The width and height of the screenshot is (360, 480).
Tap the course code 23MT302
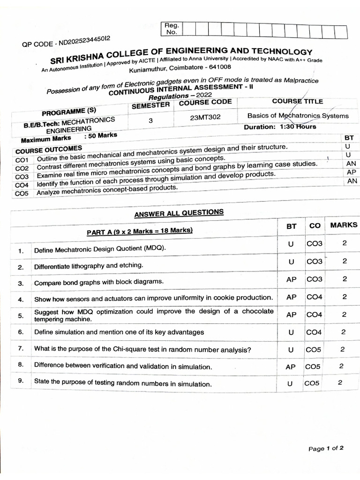point(205,118)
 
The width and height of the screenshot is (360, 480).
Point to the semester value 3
point(150,120)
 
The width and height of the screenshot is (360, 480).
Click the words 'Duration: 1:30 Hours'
point(280,127)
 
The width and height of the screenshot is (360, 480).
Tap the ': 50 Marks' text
point(100,136)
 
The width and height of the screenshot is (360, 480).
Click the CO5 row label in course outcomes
point(22,193)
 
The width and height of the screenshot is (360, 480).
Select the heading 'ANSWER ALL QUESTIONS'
point(179,214)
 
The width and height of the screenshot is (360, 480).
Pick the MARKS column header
point(344,225)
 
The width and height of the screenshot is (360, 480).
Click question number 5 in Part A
point(21,315)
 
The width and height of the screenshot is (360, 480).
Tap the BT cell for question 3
point(292,279)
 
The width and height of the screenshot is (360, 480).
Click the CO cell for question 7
point(313,349)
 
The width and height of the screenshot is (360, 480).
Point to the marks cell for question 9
point(340,382)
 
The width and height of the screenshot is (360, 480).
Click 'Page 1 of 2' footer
point(326,449)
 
